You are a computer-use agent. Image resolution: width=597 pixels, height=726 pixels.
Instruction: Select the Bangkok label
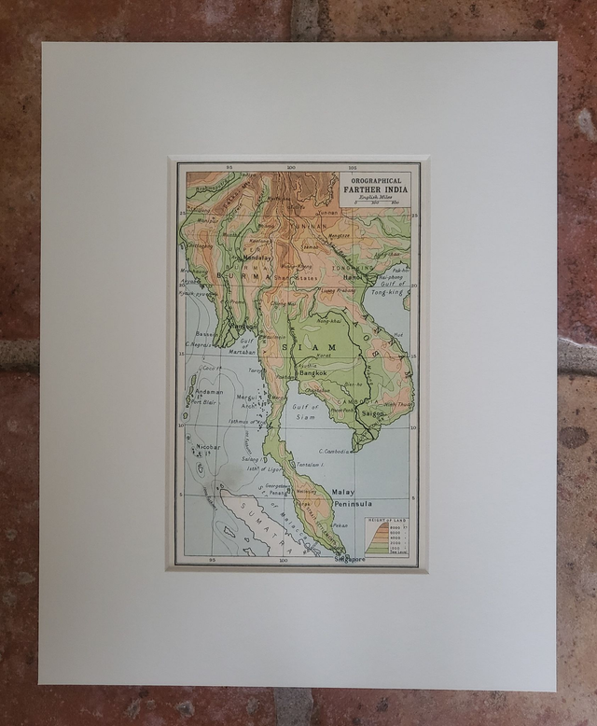pos(311,372)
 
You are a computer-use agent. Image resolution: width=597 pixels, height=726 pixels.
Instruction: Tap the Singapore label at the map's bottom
pos(349,559)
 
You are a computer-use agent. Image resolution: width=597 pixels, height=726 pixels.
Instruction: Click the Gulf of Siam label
pos(302,412)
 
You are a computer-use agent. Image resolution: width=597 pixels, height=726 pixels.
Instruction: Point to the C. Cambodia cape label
pos(333,451)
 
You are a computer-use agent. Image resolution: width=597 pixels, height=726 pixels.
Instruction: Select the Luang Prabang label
pos(338,291)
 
